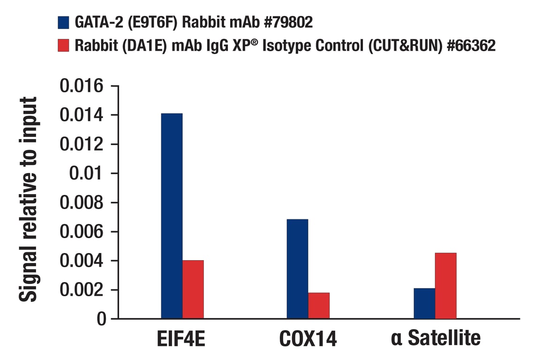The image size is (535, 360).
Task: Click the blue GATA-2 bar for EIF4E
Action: click(x=172, y=216)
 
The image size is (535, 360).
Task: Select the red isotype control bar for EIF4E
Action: click(x=193, y=289)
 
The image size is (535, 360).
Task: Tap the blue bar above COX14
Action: click(x=297, y=269)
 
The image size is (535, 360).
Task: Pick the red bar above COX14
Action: click(x=319, y=306)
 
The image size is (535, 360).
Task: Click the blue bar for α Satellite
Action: click(x=424, y=303)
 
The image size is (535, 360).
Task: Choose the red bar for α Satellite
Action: click(x=445, y=285)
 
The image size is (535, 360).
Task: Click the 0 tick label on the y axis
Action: click(x=101, y=319)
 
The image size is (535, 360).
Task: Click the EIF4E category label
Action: click(x=181, y=339)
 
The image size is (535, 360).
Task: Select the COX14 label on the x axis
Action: click(x=308, y=339)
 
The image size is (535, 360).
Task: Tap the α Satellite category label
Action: click(x=436, y=338)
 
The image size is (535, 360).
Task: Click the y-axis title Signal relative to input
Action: click(x=28, y=199)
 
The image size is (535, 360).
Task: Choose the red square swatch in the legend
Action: click(x=63, y=45)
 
